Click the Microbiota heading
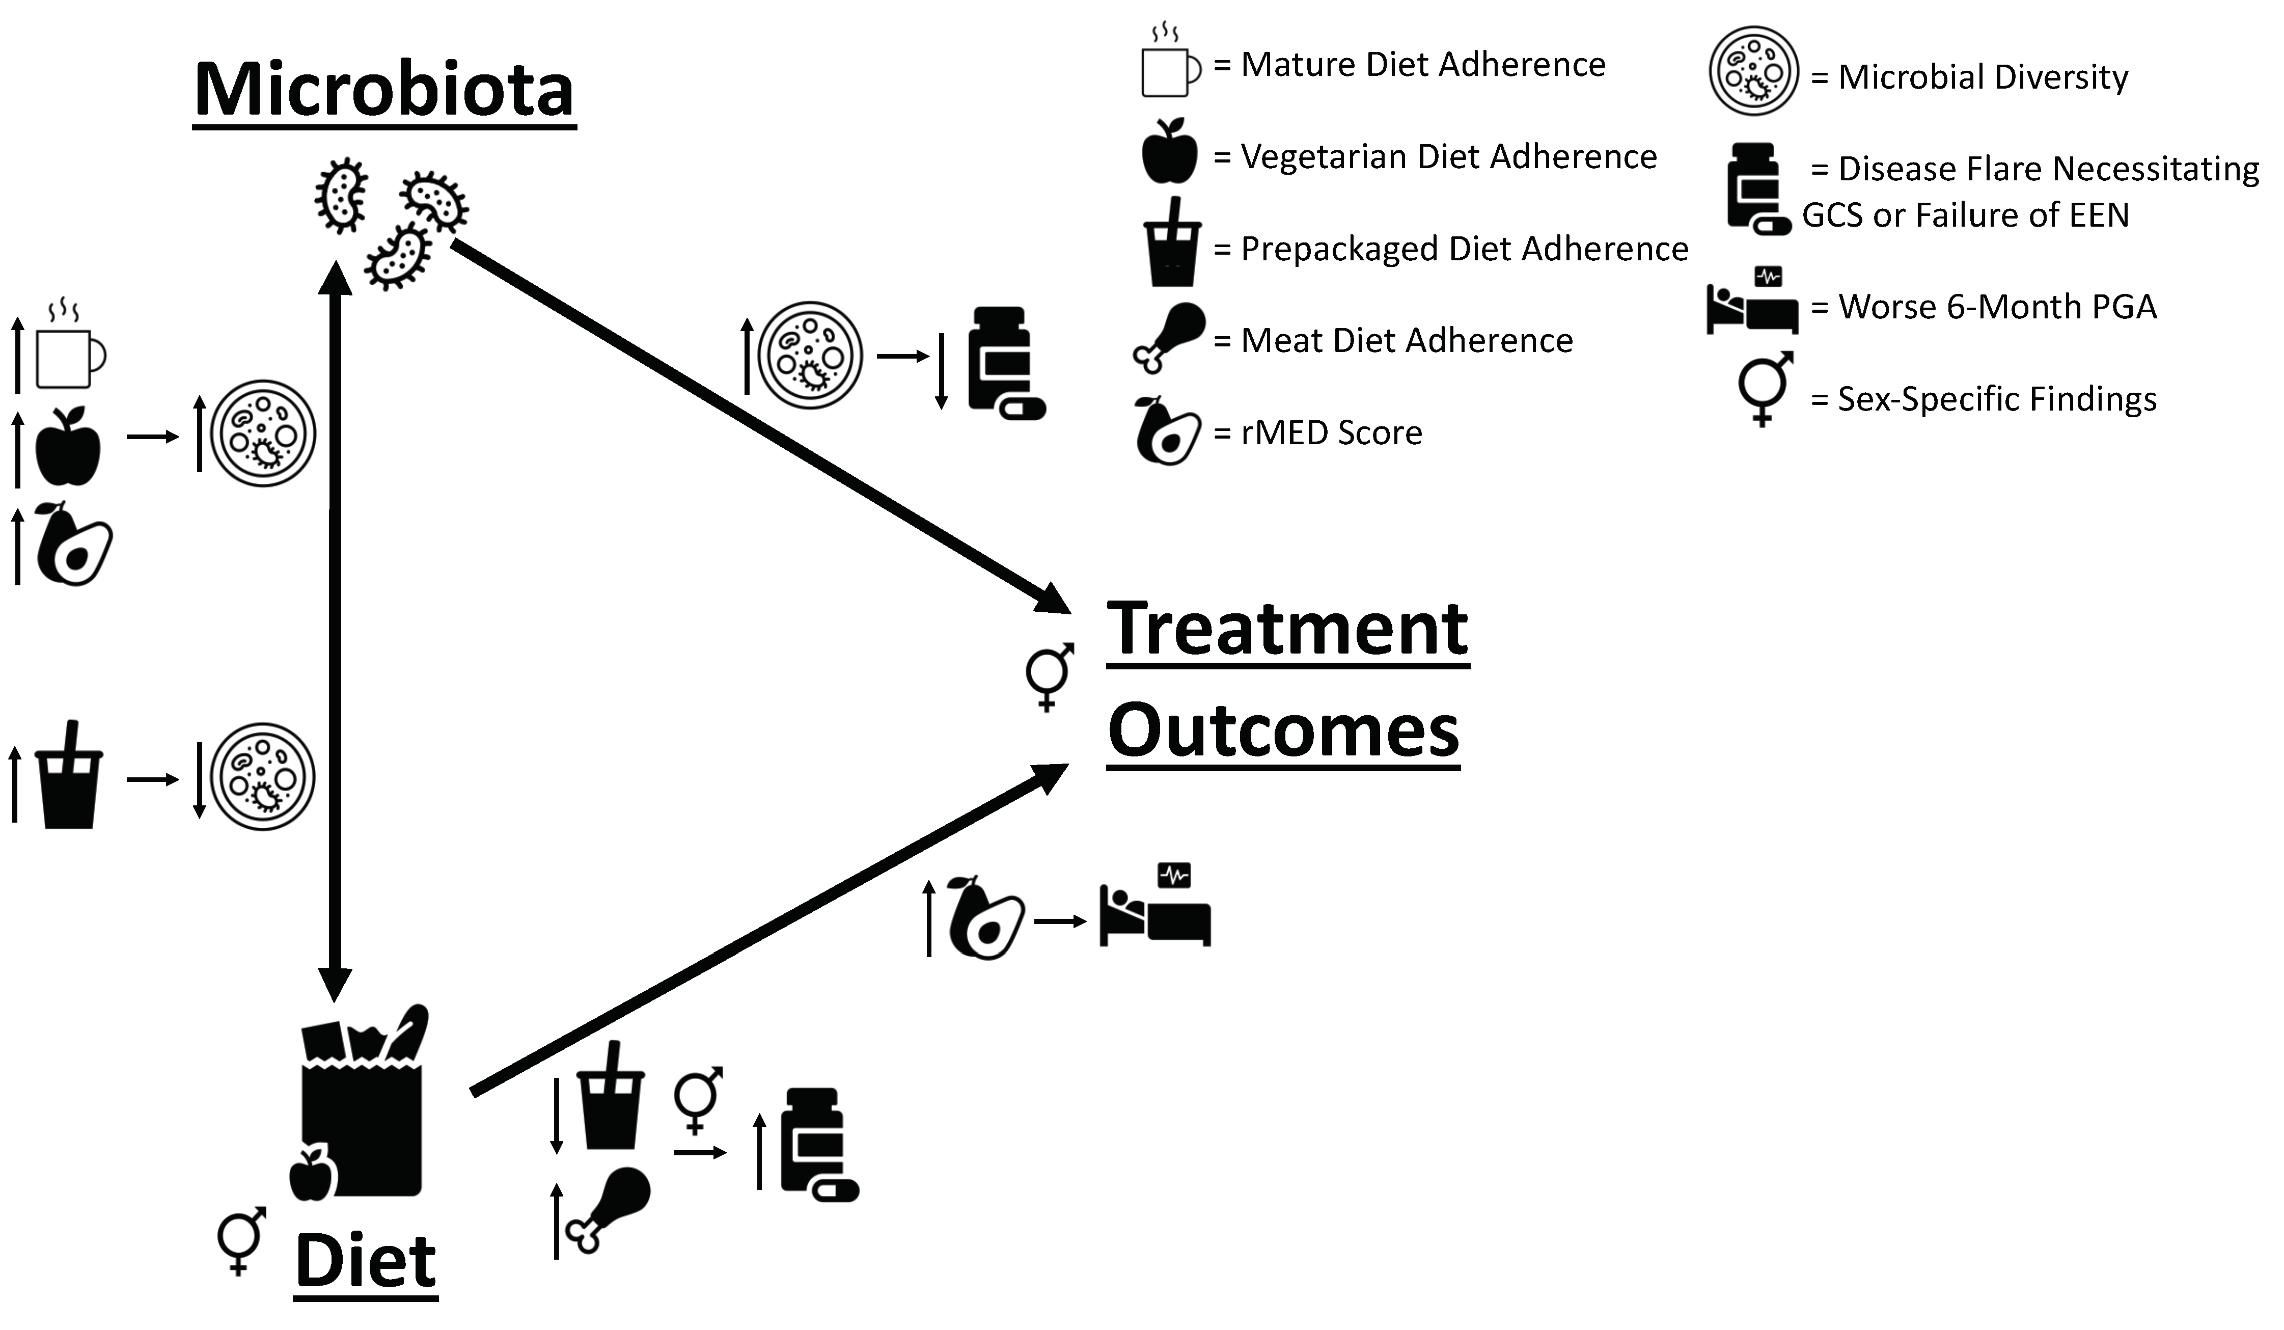384,91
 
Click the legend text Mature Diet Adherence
1423,65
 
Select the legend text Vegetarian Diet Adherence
1448,157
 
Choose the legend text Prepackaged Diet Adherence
1464,249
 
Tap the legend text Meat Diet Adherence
1407,341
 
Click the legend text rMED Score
1331,433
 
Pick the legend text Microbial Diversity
1983,78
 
